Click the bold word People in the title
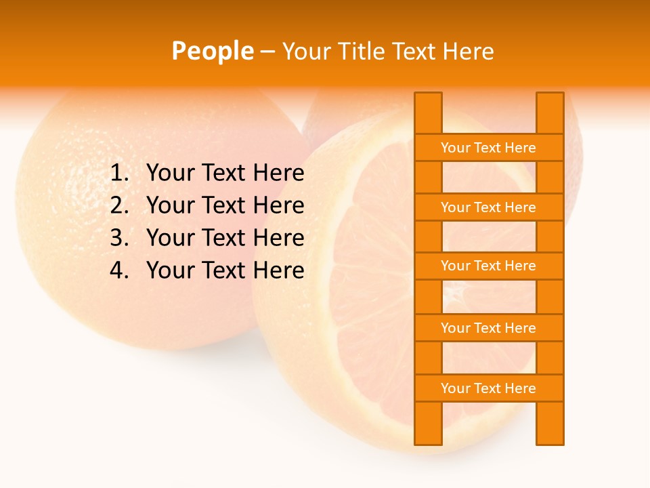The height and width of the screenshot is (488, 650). [212, 51]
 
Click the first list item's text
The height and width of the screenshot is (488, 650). [225, 174]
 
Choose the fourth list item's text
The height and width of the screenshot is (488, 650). [225, 270]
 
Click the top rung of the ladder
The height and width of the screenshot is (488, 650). [488, 148]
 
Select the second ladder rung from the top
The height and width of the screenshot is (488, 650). [488, 207]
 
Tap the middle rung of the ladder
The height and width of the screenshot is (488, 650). [488, 266]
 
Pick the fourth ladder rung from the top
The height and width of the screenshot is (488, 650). [488, 328]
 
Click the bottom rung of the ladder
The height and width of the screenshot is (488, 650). [488, 388]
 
